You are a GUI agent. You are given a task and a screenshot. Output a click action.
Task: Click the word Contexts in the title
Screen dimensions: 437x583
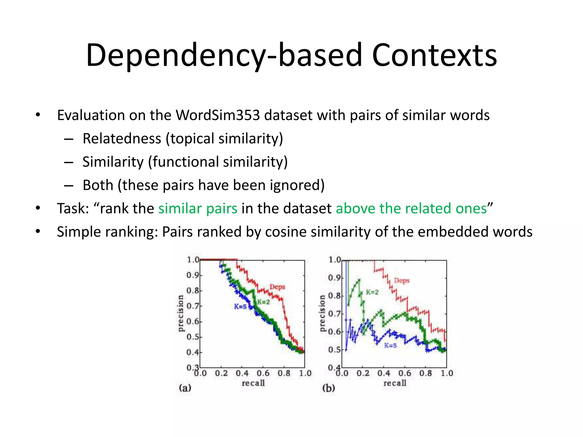[434, 55]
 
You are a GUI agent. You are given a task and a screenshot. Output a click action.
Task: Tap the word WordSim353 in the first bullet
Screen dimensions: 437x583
[218, 115]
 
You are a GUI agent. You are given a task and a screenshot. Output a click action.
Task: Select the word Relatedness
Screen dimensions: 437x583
[122, 139]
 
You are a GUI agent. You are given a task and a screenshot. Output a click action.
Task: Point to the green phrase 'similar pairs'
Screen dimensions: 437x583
[198, 209]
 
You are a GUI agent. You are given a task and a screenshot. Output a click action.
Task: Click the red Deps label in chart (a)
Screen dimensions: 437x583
[277, 287]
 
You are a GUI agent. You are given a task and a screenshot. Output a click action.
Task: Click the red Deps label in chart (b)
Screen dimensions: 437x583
[402, 281]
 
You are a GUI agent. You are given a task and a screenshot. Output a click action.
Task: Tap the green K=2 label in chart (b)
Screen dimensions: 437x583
[372, 292]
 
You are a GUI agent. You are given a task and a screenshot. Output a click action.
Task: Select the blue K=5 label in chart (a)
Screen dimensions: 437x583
[240, 306]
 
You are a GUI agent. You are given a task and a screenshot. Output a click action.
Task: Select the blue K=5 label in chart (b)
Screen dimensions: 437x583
[390, 345]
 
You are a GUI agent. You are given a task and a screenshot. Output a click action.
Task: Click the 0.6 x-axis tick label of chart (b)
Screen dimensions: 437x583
[405, 373]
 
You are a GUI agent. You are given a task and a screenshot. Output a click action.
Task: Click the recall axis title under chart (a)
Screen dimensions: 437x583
[253, 383]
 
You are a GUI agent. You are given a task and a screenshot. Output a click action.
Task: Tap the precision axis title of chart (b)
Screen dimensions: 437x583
[322, 313]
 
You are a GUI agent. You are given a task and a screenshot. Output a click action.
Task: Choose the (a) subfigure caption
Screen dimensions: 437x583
[185, 388]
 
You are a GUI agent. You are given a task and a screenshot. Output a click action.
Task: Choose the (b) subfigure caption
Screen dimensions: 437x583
[329, 388]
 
